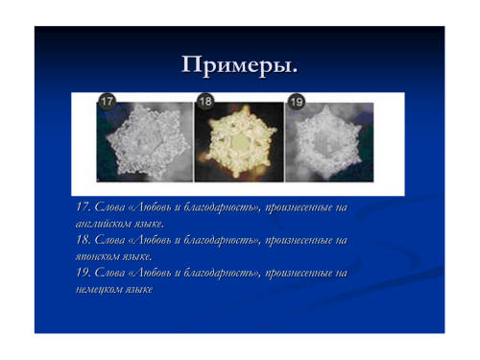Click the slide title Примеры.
239,65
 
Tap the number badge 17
107,102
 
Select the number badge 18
205,102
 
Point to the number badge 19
297,102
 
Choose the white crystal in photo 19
328,143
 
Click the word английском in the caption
103,224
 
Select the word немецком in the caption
99,289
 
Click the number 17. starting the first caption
84,206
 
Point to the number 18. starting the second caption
84,240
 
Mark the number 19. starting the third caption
84,273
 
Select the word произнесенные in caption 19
300,274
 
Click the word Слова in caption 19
109,273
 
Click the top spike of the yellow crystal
246,108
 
